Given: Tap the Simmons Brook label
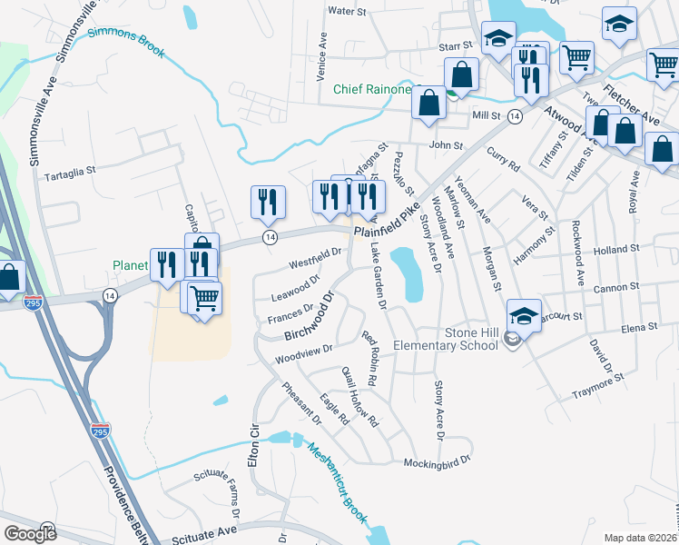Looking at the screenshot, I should tap(126, 38).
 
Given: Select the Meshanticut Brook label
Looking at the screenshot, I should tap(336, 482).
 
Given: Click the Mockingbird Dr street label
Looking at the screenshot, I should tap(439, 461).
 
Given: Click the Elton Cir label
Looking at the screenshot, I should tap(254, 446).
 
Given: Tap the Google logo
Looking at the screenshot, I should tap(30, 533).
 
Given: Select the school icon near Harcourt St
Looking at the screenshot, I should tap(524, 314).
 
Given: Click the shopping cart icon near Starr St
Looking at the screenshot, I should tap(577, 57).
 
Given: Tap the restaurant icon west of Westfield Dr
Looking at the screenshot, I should tap(267, 201).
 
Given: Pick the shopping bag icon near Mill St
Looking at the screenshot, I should tap(428, 102).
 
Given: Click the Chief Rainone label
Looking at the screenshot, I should tap(371, 89).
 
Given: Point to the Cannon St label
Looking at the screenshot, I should tap(616, 288).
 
